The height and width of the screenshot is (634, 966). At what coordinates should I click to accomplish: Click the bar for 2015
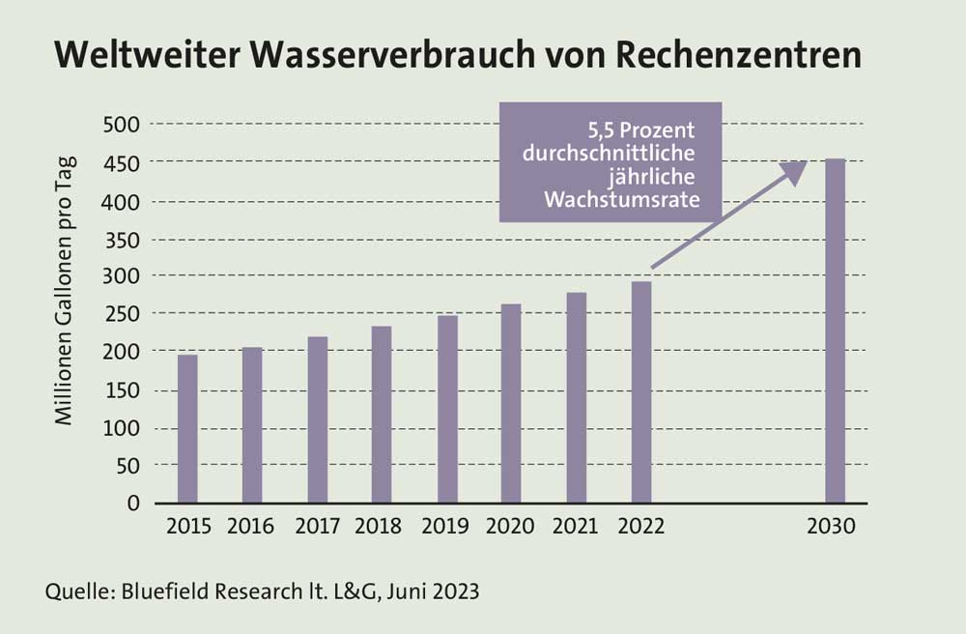coord(187,429)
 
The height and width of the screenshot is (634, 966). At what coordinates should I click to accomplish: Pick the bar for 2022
coord(641,391)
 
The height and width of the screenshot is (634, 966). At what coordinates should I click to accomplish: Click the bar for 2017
coord(318,419)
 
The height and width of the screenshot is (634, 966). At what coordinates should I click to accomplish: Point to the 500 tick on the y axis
coord(123,125)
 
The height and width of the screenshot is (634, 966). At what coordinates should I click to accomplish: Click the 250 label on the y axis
coord(123,314)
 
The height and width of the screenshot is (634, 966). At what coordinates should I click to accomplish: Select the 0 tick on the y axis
coord(134,504)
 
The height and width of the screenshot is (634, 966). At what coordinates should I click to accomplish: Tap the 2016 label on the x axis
coord(251,528)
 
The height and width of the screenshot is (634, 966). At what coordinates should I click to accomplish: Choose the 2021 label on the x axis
coord(575,528)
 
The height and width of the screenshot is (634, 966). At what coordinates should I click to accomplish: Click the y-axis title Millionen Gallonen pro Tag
coord(65,291)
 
